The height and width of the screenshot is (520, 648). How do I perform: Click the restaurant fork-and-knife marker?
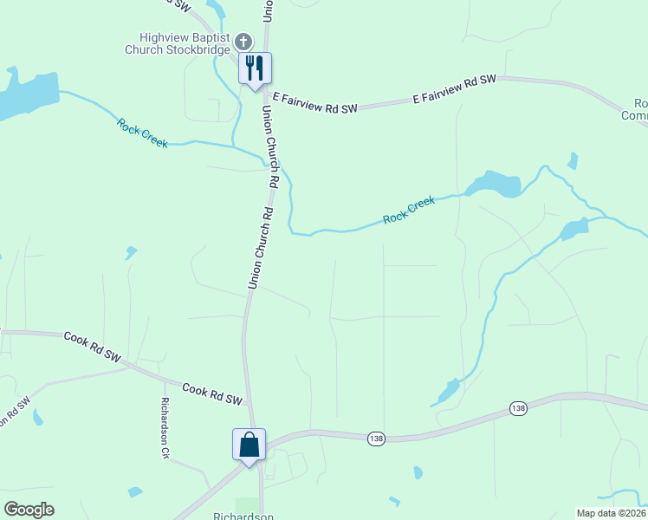click(x=255, y=68)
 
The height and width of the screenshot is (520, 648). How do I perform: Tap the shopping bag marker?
click(x=249, y=445)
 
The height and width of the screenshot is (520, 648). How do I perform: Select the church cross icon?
click(x=243, y=42)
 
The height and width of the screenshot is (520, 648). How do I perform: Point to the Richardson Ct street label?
click(x=165, y=427)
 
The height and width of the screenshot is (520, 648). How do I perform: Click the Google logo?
click(x=29, y=510)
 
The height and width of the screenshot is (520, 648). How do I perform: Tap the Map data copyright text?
click(x=611, y=513)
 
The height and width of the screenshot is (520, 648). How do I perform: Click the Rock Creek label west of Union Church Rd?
click(x=142, y=132)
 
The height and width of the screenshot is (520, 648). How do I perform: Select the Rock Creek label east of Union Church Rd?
click(x=409, y=210)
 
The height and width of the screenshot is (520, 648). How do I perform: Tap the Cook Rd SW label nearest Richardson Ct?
click(x=211, y=392)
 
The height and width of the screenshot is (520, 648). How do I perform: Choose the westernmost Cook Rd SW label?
click(x=92, y=344)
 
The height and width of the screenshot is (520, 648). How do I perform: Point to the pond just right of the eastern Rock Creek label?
click(x=494, y=184)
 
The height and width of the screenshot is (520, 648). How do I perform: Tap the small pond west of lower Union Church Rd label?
click(x=130, y=252)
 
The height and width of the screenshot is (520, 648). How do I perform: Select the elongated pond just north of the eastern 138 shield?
click(x=448, y=391)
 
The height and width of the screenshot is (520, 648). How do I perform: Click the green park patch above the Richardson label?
click(x=248, y=504)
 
